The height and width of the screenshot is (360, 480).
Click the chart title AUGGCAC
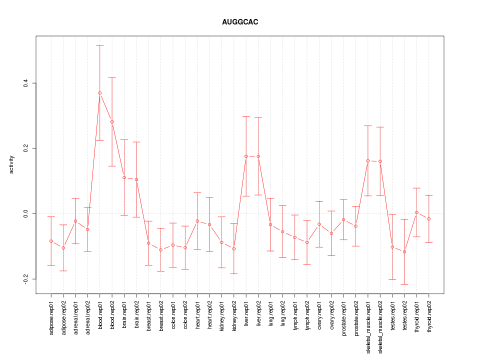(x=240, y=22)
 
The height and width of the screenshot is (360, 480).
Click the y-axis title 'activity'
(x=11, y=164)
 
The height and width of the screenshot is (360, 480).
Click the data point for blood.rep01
(x=100, y=93)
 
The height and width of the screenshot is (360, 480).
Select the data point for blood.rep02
(x=112, y=122)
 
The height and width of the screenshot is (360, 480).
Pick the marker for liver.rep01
(x=246, y=156)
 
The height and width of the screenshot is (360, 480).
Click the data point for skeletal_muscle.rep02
(x=380, y=161)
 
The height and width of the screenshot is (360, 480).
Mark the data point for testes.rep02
(x=404, y=251)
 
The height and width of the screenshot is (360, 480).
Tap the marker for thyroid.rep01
(x=416, y=212)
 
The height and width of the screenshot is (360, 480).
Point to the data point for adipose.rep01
(x=51, y=241)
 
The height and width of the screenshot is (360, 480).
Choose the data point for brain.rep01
(x=124, y=177)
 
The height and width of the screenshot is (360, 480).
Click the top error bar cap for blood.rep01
(x=100, y=45)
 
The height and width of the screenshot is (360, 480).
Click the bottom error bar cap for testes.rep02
(x=404, y=284)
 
